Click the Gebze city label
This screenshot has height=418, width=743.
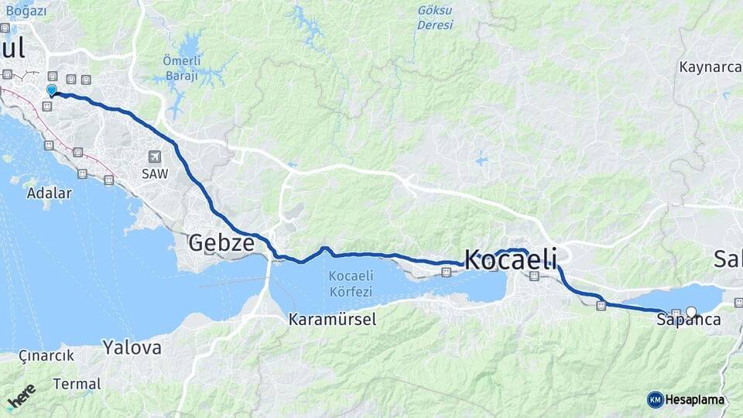pyautogui.click(x=221, y=243)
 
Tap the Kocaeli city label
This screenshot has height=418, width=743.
pyautogui.click(x=510, y=259)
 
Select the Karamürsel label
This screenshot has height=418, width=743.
pyautogui.click(x=332, y=319)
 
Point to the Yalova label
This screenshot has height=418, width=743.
pyautogui.click(x=132, y=348)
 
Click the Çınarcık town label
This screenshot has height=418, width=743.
pyautogui.click(x=46, y=356)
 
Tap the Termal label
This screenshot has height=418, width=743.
pyautogui.click(x=77, y=383)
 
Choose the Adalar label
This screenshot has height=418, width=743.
pyautogui.click(x=49, y=193)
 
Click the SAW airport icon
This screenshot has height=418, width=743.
pyautogui.click(x=154, y=156)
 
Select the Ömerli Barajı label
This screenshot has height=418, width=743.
pyautogui.click(x=181, y=68)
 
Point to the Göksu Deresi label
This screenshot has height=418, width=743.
pyautogui.click(x=435, y=17)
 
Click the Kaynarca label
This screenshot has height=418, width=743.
pyautogui.click(x=710, y=67)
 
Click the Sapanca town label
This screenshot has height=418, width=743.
pyautogui.click(x=691, y=320)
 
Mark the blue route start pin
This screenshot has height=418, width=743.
pyautogui.click(x=52, y=91)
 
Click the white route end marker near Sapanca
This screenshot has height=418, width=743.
pyautogui.click(x=691, y=313)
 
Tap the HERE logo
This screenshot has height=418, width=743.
pyautogui.click(x=21, y=397)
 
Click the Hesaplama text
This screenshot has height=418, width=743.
pyautogui.click(x=694, y=399)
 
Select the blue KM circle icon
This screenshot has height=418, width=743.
pyautogui.click(x=655, y=399)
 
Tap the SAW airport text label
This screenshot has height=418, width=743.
pyautogui.click(x=154, y=174)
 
